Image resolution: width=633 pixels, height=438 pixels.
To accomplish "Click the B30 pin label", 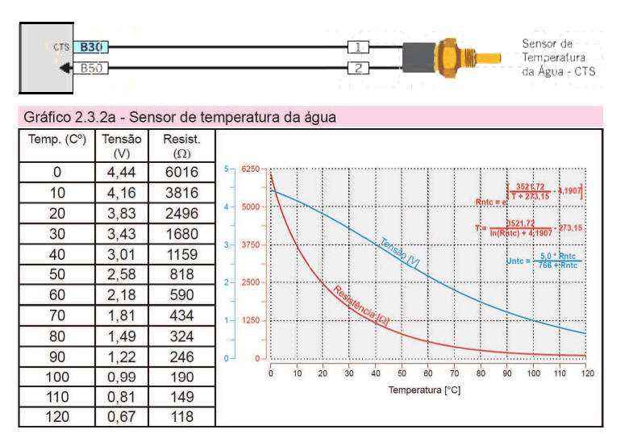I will (x=91, y=48).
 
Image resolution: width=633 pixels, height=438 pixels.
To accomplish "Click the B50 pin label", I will (x=91, y=69).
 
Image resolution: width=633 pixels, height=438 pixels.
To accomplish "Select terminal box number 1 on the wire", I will (x=358, y=48).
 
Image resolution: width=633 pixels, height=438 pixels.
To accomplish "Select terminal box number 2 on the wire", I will (x=358, y=69).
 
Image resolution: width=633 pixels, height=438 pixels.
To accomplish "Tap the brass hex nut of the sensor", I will (x=445, y=57).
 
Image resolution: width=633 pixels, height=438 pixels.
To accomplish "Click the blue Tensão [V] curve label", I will (x=398, y=252).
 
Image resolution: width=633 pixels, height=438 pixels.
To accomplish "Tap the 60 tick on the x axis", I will (x=428, y=373).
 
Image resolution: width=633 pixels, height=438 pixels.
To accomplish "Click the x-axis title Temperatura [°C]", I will (x=424, y=390).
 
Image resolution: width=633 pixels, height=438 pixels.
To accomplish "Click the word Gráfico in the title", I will (x=47, y=117).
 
